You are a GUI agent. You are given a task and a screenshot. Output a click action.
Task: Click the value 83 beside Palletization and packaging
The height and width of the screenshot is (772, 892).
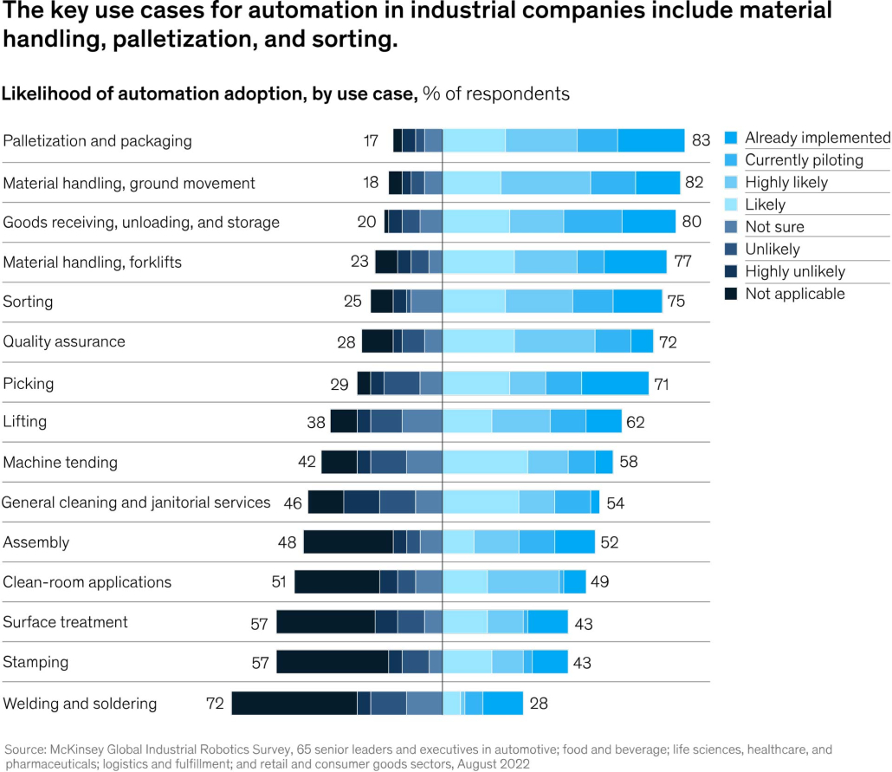[x=701, y=140]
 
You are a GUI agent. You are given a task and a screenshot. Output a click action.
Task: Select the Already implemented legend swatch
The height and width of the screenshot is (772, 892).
[x=730, y=138]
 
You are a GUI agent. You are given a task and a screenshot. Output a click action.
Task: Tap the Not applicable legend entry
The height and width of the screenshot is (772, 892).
[x=794, y=294]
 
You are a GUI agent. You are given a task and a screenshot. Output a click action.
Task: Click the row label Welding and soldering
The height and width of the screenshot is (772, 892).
[x=81, y=704]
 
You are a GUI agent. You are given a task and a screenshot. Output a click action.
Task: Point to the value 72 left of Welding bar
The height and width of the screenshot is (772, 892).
[x=216, y=704]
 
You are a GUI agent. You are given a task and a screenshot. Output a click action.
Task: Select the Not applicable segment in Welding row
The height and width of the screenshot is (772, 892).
[x=294, y=703]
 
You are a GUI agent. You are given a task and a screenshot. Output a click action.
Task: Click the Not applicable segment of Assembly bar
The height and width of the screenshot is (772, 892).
[x=348, y=542]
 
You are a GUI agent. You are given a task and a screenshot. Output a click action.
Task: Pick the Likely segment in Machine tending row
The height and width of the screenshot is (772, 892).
[x=485, y=462]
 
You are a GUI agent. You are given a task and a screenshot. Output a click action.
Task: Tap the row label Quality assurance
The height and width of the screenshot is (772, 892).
[x=64, y=341]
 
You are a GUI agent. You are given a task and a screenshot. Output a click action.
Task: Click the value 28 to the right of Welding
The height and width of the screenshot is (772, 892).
[x=539, y=704]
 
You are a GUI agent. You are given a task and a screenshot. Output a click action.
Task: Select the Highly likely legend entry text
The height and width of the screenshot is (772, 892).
[x=786, y=182]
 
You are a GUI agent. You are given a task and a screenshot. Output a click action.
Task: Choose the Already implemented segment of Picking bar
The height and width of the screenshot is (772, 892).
[x=615, y=383]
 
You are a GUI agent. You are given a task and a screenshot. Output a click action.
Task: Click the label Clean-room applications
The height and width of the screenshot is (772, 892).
[x=87, y=582]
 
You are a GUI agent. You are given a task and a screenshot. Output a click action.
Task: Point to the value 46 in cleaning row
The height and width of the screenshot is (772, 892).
[x=293, y=503]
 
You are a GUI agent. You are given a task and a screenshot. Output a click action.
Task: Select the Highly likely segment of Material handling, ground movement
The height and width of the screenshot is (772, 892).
[x=546, y=183]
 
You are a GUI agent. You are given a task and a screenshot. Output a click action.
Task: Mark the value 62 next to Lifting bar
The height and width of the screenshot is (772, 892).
[x=635, y=423]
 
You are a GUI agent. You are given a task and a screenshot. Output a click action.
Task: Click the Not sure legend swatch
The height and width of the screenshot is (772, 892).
[x=730, y=227]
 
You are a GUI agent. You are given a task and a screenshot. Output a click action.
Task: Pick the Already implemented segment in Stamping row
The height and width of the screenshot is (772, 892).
[x=550, y=662]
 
